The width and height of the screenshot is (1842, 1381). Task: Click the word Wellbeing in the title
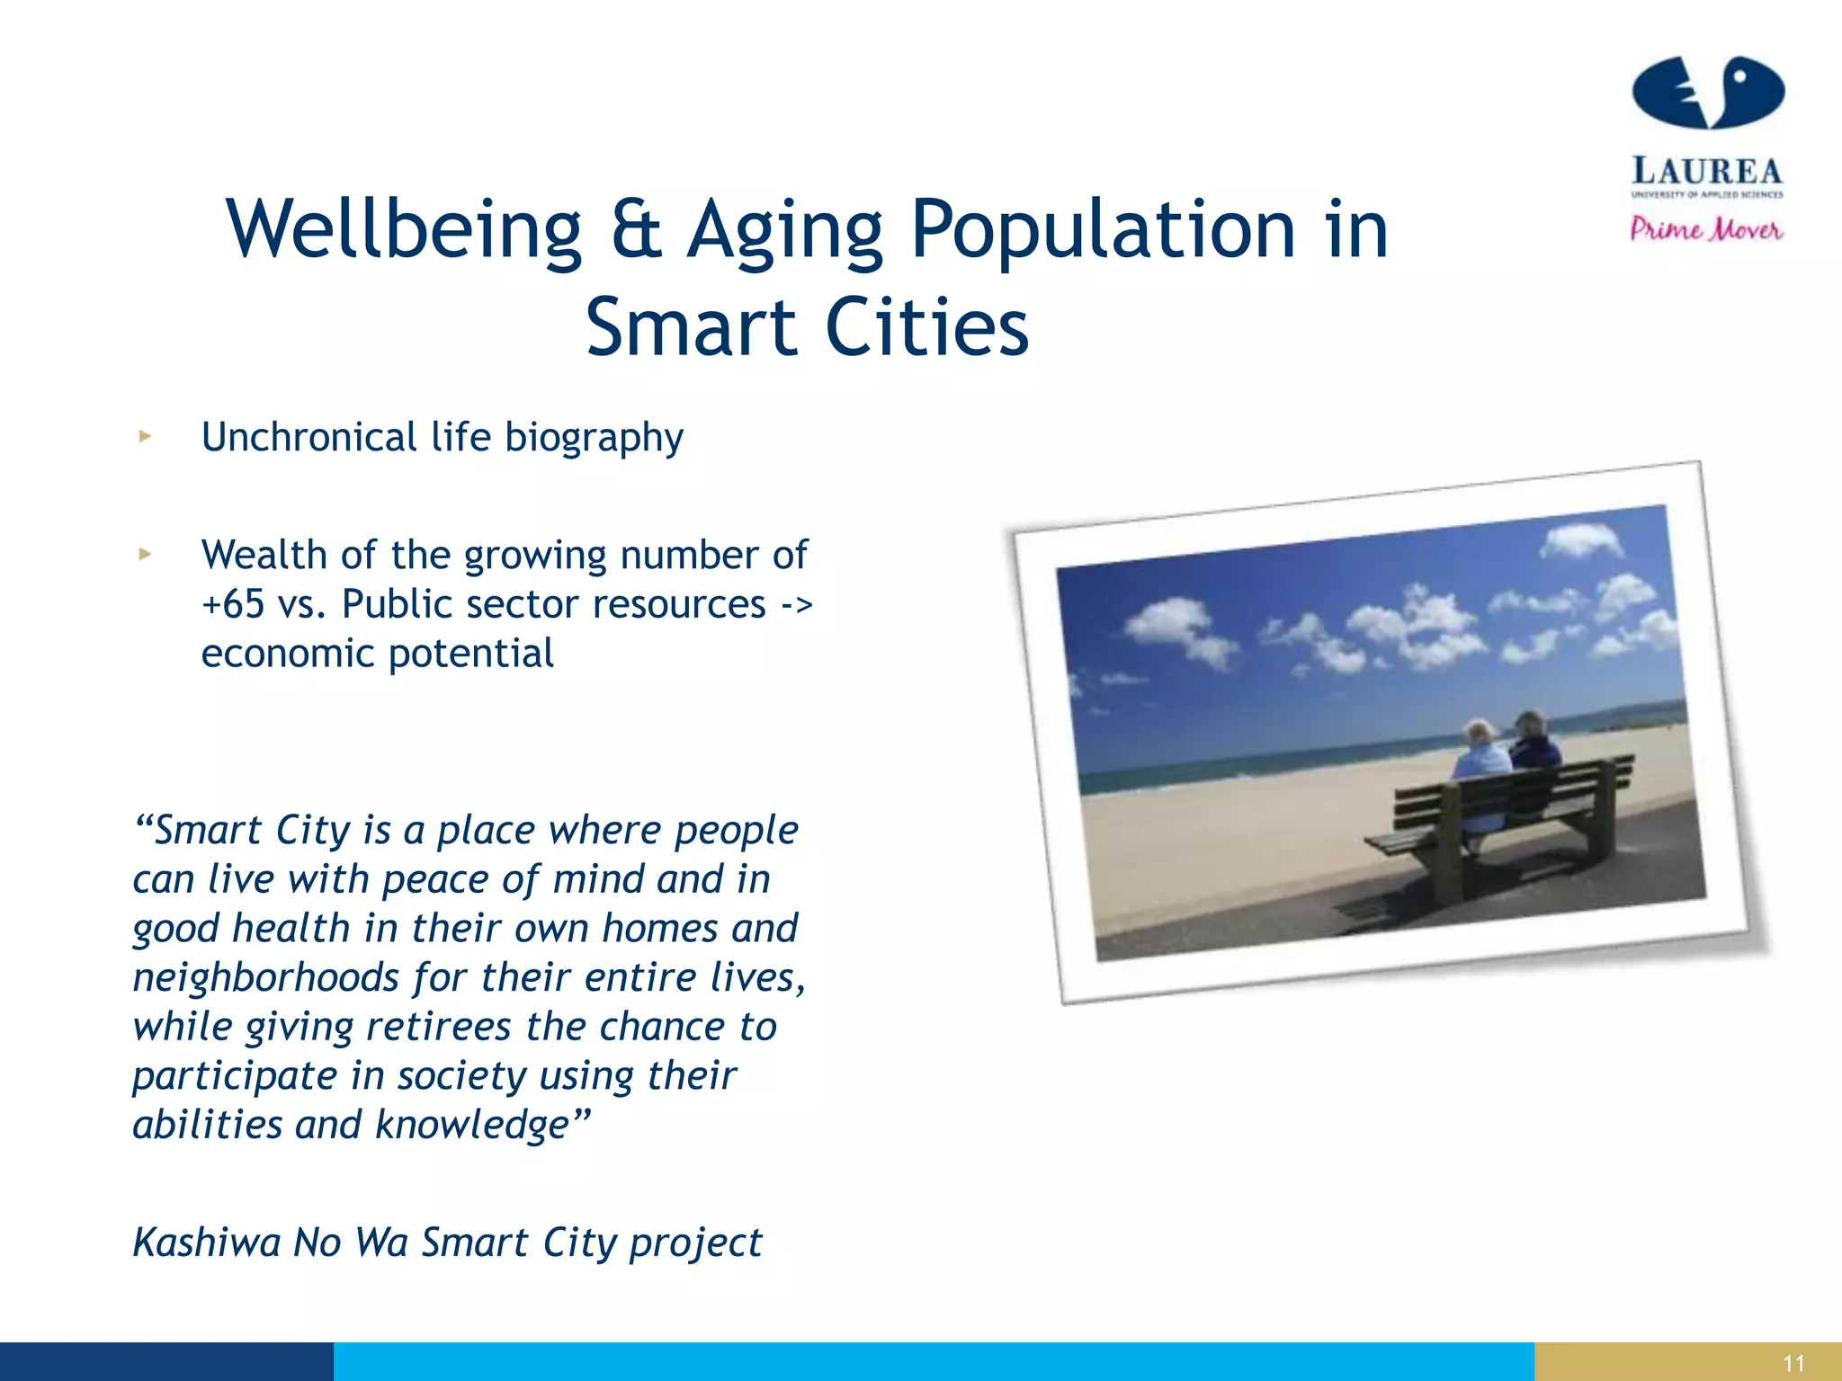click(404, 230)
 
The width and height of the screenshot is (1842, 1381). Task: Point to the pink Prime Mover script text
click(1706, 229)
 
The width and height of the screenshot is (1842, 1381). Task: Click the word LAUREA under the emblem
click(1706, 171)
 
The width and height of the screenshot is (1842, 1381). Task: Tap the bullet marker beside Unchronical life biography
click(145, 437)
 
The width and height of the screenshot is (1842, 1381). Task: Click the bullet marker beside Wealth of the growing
click(145, 555)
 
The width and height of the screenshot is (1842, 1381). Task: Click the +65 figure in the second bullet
click(232, 604)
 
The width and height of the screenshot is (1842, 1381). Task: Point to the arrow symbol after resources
click(796, 604)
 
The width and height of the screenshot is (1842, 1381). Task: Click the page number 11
click(1793, 1363)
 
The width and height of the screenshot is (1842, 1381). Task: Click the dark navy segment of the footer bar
click(166, 1361)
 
